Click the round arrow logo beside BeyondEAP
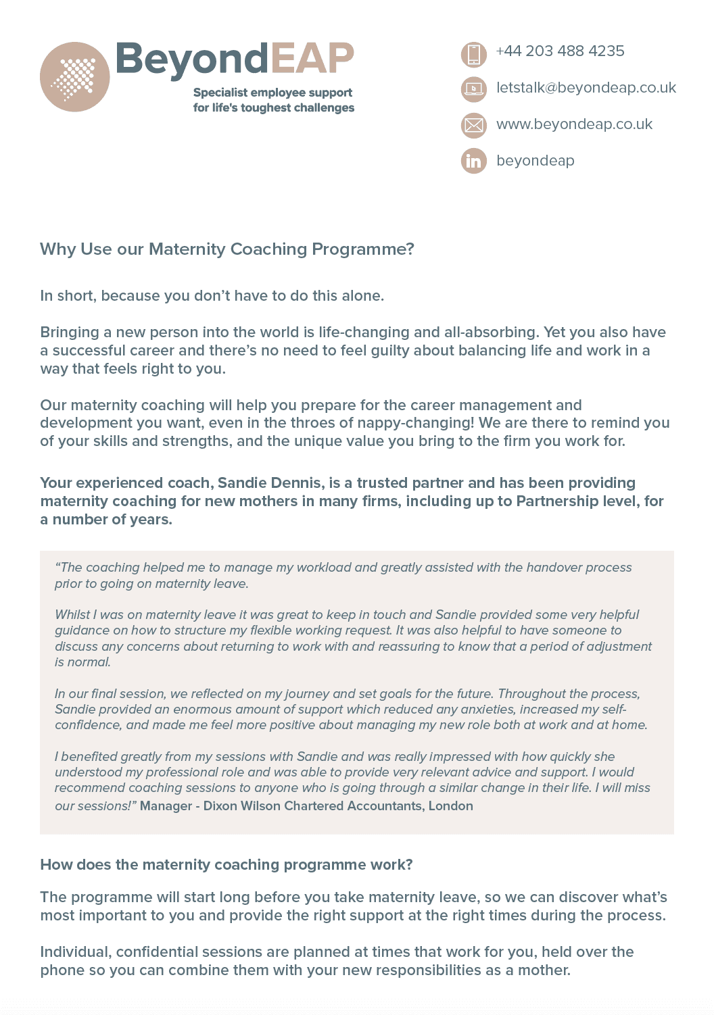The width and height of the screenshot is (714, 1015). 74,77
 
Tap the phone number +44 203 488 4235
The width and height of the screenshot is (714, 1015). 560,51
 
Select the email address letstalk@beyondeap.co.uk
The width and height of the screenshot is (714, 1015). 586,88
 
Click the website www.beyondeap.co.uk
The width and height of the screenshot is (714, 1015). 574,124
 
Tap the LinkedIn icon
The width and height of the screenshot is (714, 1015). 474,161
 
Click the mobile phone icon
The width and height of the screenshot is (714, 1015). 474,54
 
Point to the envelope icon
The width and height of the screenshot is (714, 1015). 474,125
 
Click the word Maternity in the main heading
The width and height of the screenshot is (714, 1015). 187,249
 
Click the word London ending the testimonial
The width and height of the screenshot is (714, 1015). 451,806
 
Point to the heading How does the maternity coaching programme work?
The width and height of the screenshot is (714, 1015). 226,865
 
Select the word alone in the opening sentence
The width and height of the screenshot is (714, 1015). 361,296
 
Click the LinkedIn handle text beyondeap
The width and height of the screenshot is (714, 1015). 535,161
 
